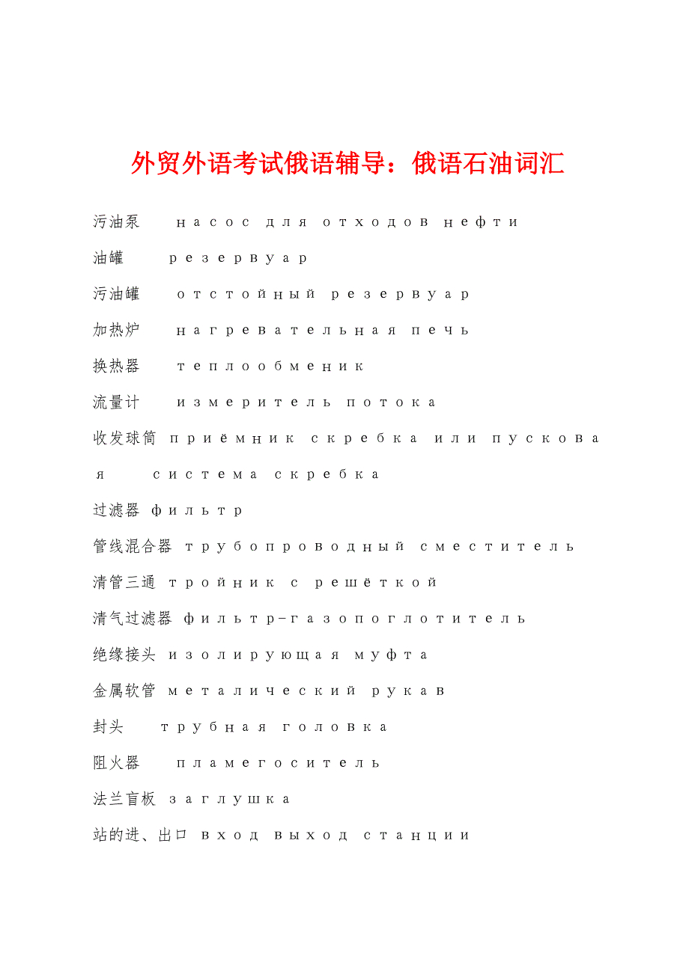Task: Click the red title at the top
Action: [347, 162]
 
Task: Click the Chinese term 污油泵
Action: [116, 222]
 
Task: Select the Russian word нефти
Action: [481, 222]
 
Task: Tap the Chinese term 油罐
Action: [108, 258]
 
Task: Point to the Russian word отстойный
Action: [246, 294]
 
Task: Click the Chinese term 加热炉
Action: [116, 330]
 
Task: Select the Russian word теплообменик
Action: [270, 367]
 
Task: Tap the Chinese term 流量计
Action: [116, 402]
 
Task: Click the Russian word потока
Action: [391, 402]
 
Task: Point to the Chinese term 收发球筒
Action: [124, 438]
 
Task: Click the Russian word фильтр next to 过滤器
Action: [197, 511]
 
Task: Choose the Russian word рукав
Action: [408, 691]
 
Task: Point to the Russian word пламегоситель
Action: [279, 763]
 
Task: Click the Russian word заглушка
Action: [229, 800]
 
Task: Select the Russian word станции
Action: [416, 836]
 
